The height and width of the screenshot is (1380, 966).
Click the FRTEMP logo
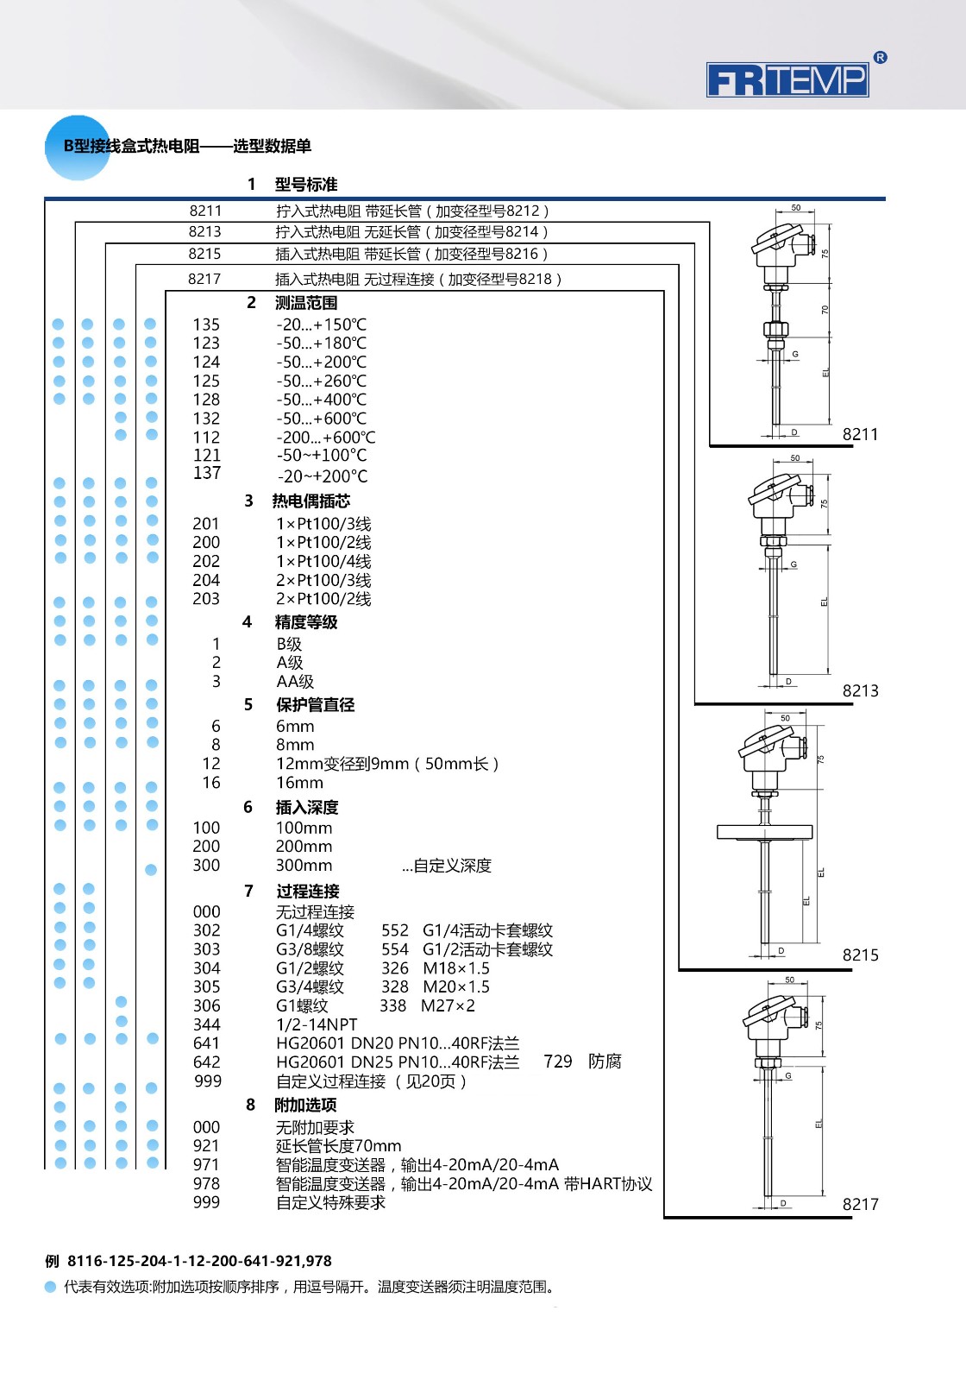(787, 79)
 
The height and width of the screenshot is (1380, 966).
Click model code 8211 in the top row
(205, 211)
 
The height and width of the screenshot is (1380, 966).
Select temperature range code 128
(206, 400)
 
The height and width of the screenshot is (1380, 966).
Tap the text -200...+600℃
(325, 438)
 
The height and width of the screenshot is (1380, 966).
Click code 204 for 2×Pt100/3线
(206, 580)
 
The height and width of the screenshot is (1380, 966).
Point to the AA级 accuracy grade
(295, 681)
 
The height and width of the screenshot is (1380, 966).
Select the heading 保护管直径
(315, 705)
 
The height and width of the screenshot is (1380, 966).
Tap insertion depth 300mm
(304, 866)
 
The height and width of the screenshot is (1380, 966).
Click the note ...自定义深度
(446, 866)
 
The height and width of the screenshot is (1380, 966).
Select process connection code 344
(206, 1024)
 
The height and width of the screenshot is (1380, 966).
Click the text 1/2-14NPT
(317, 1024)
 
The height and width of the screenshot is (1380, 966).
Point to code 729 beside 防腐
(558, 1062)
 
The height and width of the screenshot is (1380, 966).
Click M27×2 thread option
(448, 1005)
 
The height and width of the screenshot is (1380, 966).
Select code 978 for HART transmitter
(206, 1183)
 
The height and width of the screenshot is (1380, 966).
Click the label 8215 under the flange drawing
(860, 955)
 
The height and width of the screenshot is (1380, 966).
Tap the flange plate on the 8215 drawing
(765, 832)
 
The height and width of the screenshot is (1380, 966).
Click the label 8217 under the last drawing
(860, 1204)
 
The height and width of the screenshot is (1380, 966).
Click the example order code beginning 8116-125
(199, 1261)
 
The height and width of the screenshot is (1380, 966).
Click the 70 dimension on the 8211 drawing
(825, 309)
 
